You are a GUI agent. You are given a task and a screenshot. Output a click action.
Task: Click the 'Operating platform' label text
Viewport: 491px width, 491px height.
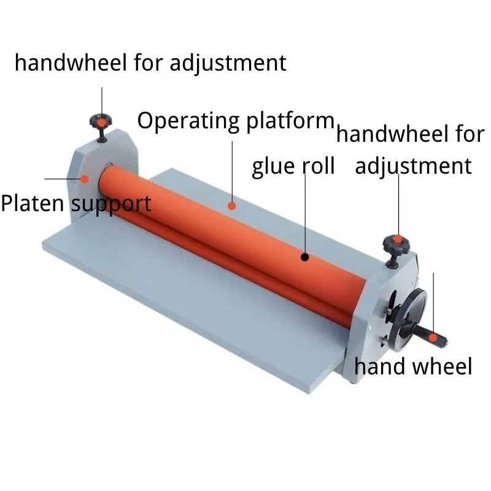(x=235, y=121)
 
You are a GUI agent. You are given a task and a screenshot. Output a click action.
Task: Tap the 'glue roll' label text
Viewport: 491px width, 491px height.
(x=293, y=166)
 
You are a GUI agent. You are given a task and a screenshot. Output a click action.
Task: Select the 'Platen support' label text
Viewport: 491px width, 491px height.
(x=75, y=203)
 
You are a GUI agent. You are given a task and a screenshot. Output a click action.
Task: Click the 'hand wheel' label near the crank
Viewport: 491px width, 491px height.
(x=413, y=367)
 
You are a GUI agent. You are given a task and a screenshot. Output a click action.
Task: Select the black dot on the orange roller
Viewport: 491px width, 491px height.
(x=305, y=257)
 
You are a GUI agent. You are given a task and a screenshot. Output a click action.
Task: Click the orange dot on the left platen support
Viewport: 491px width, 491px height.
(x=85, y=179)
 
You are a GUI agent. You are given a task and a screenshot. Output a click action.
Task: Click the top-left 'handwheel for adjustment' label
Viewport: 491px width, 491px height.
(x=150, y=63)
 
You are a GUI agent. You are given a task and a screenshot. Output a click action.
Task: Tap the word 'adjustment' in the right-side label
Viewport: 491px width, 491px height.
(x=413, y=166)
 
